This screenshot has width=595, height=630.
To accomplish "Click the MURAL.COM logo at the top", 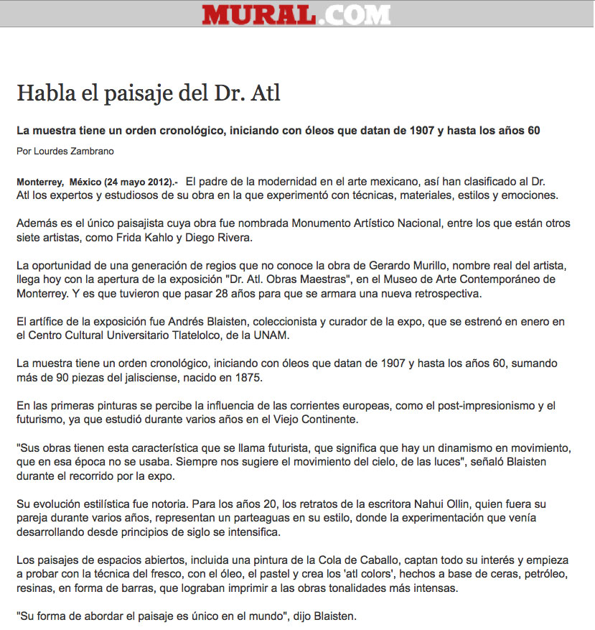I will point(296,14).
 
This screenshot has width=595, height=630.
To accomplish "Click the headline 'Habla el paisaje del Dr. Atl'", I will point(149,93).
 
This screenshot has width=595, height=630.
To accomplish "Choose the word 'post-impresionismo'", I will point(477,406).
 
